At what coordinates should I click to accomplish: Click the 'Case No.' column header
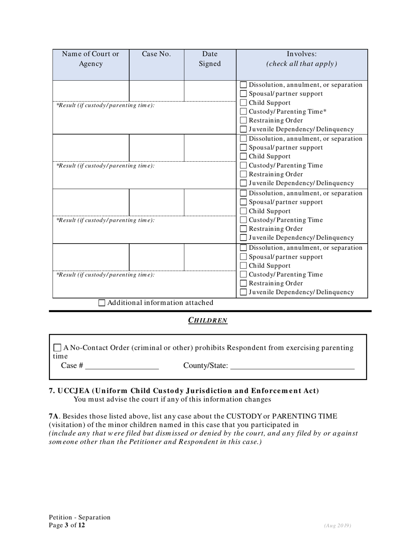156,54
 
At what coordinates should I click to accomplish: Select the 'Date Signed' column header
210,59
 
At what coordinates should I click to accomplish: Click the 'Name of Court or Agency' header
91,59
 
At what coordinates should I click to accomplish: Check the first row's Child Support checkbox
244,103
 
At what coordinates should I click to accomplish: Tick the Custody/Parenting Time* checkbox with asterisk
244,112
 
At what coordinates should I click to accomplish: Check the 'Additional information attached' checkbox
102,303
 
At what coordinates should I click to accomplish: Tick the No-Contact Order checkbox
57,348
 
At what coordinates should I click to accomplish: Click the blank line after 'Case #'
122,366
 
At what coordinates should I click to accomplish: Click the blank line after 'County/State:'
292,366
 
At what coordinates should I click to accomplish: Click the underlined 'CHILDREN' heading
208,320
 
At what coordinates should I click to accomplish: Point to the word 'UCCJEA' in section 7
73,391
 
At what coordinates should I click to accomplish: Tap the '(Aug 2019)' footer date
338,525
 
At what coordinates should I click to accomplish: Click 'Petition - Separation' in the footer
80,518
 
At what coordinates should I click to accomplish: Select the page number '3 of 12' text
74,525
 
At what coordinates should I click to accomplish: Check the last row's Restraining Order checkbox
244,284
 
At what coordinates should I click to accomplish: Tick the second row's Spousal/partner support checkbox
244,148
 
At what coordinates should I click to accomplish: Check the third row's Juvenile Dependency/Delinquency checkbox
244,238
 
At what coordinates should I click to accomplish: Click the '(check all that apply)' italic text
302,64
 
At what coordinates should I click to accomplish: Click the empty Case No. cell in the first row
156,91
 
